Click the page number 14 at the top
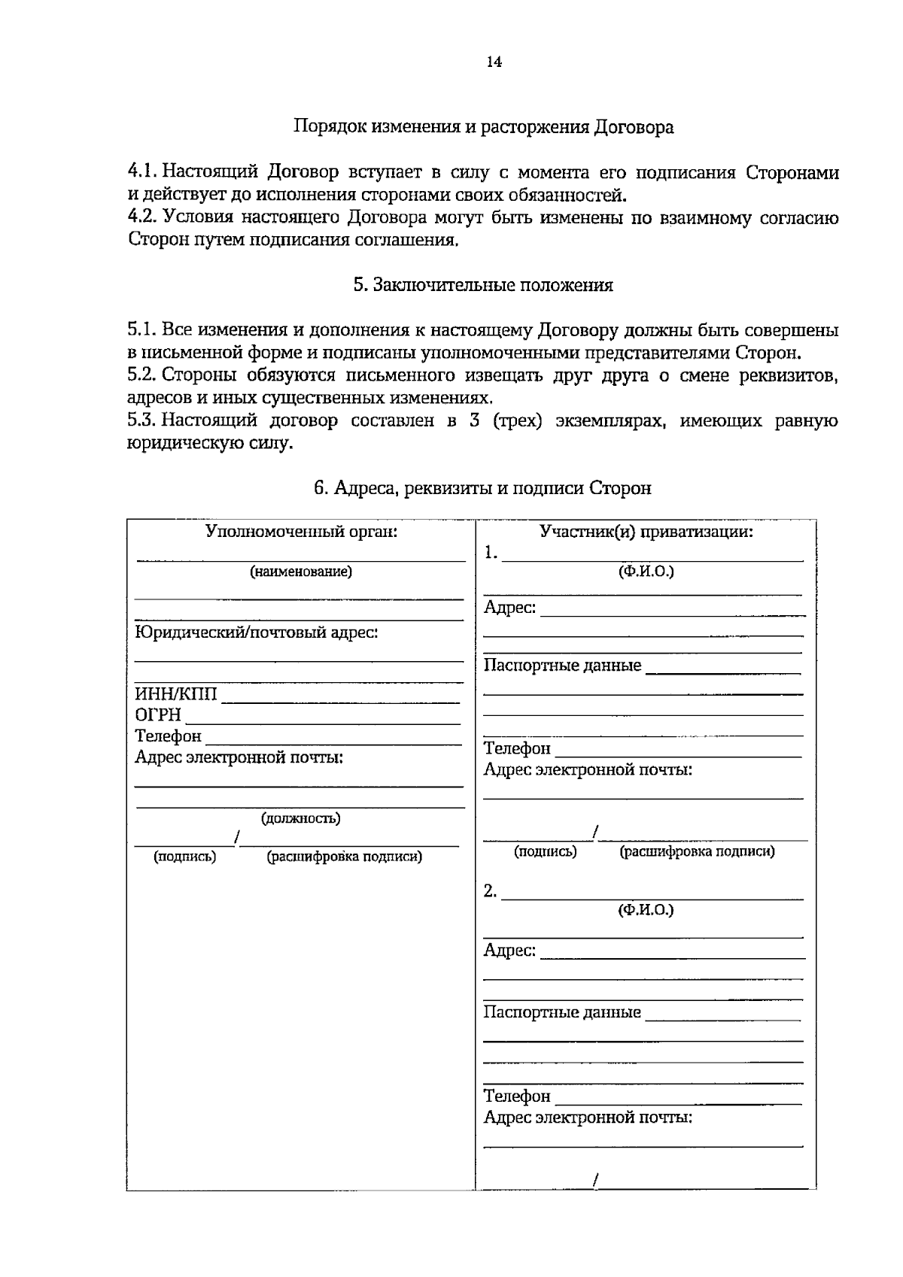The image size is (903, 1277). click(x=494, y=62)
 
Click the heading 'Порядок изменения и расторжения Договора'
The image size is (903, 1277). click(x=483, y=127)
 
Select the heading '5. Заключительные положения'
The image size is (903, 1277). click(x=483, y=285)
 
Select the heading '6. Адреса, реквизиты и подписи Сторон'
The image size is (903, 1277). click(x=482, y=489)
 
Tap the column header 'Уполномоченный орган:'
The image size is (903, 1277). click(x=301, y=532)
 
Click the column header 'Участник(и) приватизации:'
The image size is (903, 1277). click(x=646, y=532)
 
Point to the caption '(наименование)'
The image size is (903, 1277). click(x=301, y=572)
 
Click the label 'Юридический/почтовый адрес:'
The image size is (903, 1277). click(x=256, y=632)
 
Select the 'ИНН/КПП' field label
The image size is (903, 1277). click(x=176, y=694)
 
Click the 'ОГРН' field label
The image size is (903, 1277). click(x=158, y=715)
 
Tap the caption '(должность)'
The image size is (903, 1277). click(x=300, y=818)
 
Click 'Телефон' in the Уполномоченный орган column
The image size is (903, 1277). click(x=168, y=736)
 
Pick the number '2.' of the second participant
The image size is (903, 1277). click(x=490, y=891)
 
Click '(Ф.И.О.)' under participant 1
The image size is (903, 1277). click(x=646, y=572)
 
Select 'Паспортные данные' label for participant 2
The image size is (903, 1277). click(x=562, y=1012)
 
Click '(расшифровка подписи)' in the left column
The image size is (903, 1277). click(x=344, y=857)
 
